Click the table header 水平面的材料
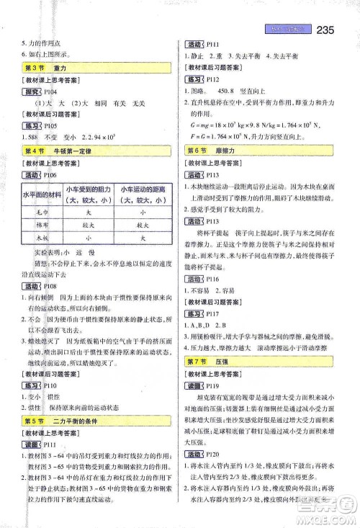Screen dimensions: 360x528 coord(43,195)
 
